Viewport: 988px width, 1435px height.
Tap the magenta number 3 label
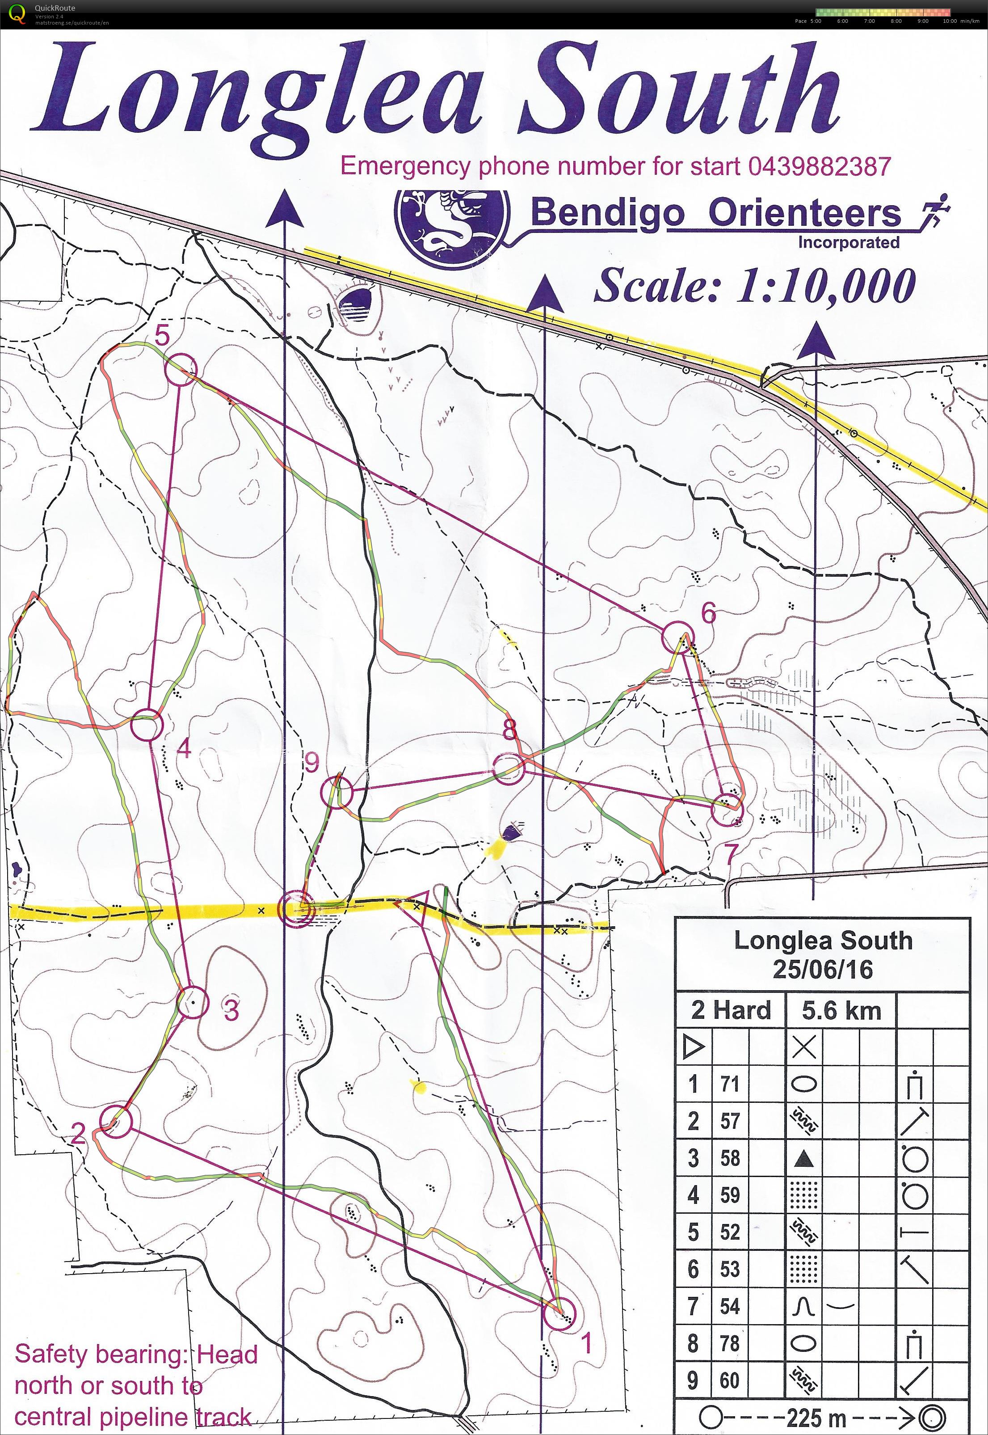[x=231, y=1010]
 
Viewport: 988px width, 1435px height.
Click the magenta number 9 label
[x=312, y=764]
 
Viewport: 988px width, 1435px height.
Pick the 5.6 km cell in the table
[x=841, y=1010]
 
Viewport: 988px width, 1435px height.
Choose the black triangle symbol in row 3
[x=803, y=1159]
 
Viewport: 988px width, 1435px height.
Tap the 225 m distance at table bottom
[x=813, y=1417]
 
